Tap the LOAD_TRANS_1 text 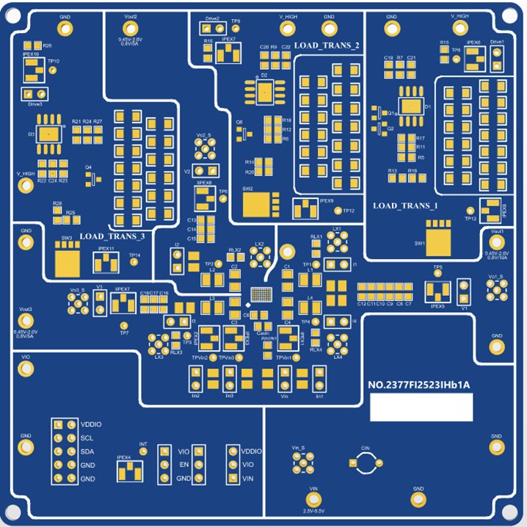[x=405, y=206]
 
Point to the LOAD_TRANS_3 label [x=112, y=236]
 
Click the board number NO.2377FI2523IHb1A [x=418, y=383]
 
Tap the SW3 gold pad [x=68, y=258]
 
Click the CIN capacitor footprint [x=365, y=462]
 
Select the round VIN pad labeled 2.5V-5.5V [x=313, y=498]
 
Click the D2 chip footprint [x=264, y=90]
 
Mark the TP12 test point [x=338, y=211]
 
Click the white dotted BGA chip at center [x=261, y=295]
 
